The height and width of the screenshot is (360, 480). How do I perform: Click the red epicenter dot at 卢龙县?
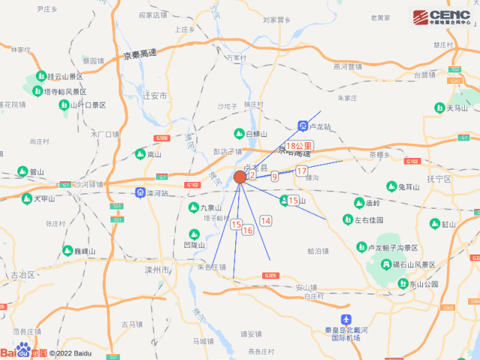(x=240, y=177)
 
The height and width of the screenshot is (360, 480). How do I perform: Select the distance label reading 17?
(x=302, y=171)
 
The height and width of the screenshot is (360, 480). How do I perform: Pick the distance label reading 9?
(x=275, y=177)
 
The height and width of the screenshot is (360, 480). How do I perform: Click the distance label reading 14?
(x=265, y=221)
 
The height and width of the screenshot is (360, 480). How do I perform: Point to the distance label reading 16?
(x=248, y=231)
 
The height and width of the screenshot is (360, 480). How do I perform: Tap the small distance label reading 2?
(x=252, y=175)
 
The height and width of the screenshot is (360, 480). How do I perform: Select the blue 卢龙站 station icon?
(x=302, y=125)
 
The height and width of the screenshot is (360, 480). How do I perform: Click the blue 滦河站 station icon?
(x=140, y=193)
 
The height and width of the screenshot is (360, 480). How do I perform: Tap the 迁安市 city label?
(x=154, y=97)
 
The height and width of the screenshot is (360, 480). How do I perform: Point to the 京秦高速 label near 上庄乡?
(x=142, y=55)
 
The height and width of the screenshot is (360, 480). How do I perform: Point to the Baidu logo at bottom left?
(x=24, y=351)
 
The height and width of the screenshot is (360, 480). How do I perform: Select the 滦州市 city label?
(x=160, y=268)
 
